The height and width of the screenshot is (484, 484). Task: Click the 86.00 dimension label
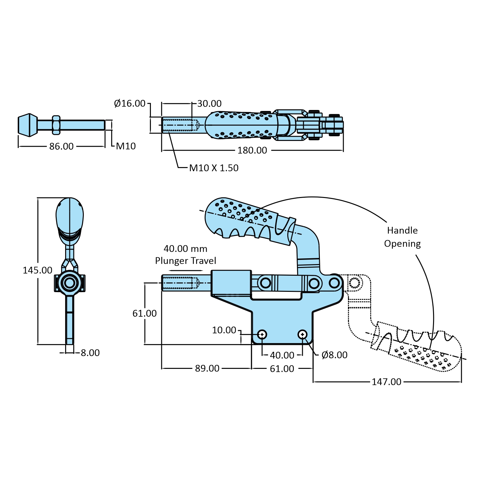coord(61,146)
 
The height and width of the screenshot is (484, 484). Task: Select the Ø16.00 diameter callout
coord(130,104)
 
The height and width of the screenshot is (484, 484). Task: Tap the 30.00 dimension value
coord(209,104)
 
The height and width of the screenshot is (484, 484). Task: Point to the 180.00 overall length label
coord(252,150)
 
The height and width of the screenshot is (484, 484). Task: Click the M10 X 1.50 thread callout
coord(214,168)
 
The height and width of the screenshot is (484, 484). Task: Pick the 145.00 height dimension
coord(37,270)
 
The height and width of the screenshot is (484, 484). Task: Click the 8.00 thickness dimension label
coord(90,353)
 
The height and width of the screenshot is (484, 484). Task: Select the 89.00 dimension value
coord(207,368)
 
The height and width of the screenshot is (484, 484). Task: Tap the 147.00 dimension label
coord(386,382)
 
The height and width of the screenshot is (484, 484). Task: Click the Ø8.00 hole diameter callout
coord(334,355)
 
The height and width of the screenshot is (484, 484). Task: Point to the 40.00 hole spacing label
coord(282,355)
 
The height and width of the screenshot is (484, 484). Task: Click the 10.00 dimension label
coord(224,330)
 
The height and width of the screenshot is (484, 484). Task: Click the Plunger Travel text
coord(185,261)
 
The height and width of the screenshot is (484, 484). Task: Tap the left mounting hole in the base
coord(262,334)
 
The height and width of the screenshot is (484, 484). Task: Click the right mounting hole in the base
coord(302,334)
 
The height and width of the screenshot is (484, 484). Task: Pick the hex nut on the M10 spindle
coord(56,125)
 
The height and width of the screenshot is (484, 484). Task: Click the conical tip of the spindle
coord(27,125)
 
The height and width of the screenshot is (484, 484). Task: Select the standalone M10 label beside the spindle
coord(126,146)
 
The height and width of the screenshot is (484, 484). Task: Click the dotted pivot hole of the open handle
coord(354,283)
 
